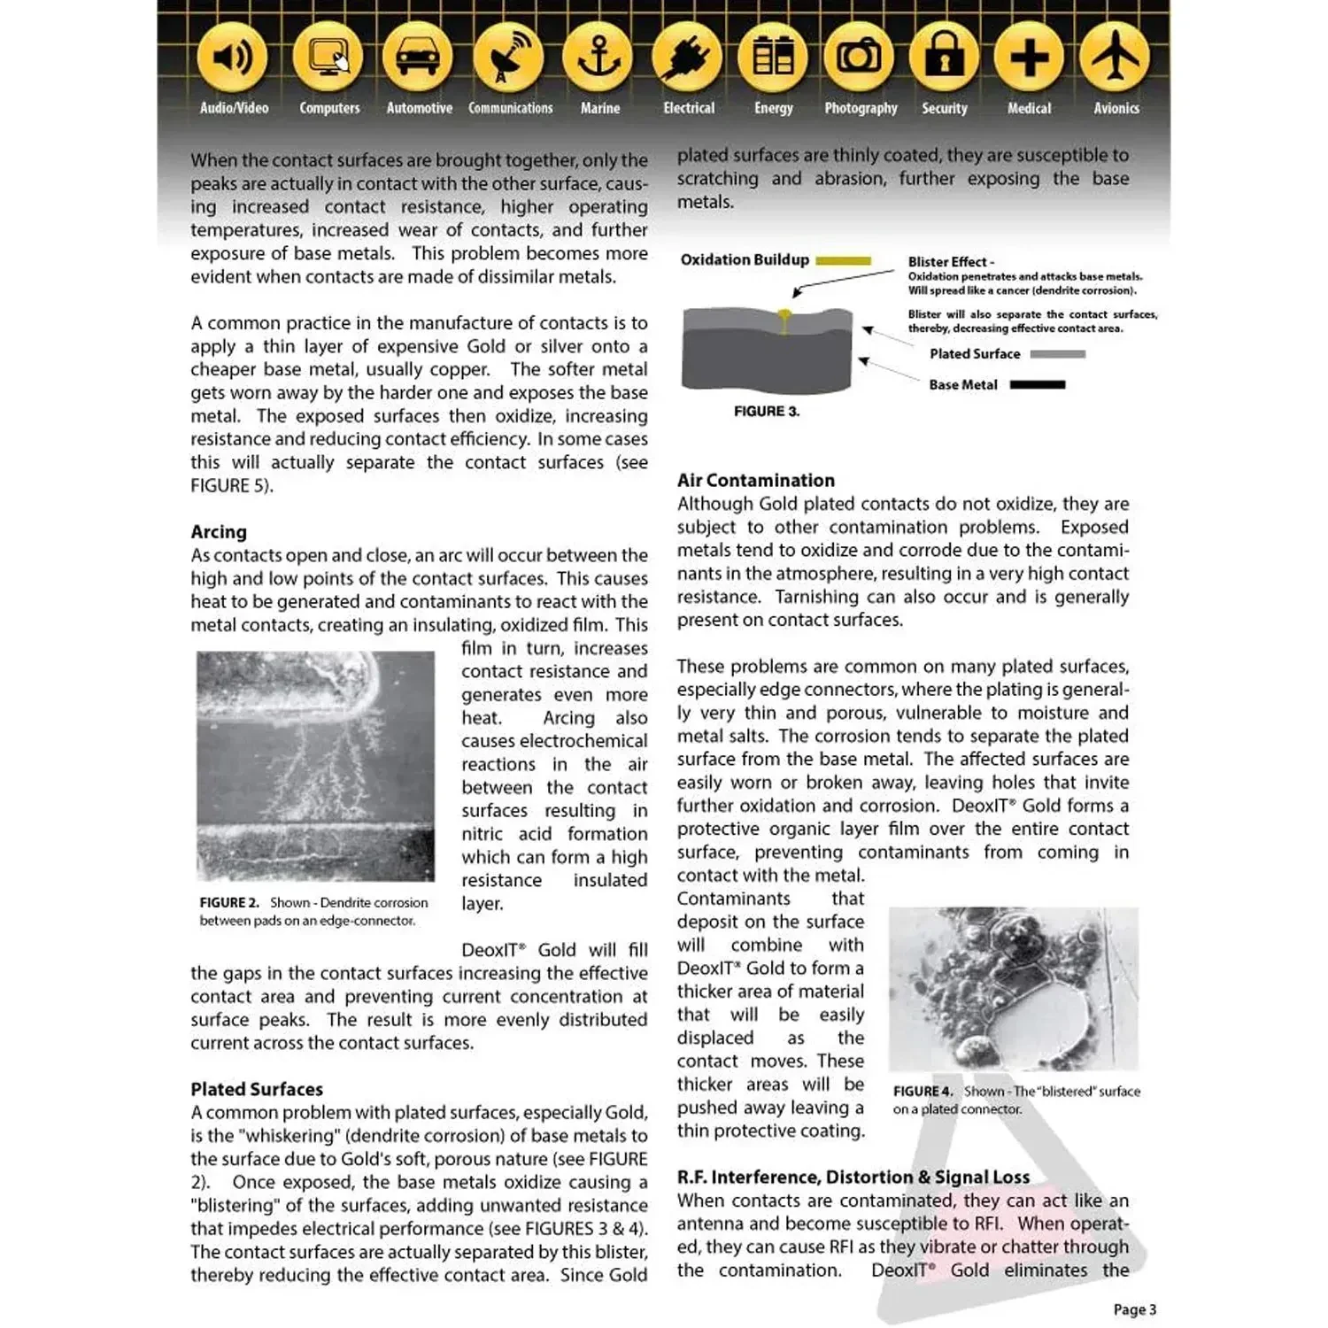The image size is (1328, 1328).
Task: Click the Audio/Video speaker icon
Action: [233, 58]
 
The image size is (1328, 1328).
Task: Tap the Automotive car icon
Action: [417, 58]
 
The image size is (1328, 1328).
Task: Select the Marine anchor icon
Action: [598, 58]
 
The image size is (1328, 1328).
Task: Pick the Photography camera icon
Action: [859, 58]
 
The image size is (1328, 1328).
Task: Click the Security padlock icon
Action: [944, 58]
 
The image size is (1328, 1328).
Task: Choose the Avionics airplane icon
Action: [1116, 58]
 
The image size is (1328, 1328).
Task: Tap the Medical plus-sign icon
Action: [1029, 58]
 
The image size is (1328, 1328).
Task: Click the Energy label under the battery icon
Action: [773, 108]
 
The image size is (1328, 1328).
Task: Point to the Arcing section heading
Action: [219, 532]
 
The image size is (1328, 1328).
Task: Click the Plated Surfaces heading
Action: [257, 1089]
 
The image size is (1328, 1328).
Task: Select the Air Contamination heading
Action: [755, 481]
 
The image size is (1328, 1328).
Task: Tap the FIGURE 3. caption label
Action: [766, 412]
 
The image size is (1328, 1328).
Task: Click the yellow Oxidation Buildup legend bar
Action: [843, 260]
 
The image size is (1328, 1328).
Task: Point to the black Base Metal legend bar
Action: [1037, 385]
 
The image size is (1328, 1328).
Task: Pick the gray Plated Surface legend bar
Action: [1057, 354]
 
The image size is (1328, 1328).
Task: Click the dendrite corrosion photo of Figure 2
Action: [315, 766]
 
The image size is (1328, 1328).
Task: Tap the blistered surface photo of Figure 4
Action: [1013, 988]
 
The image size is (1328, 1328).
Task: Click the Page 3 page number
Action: [1134, 1309]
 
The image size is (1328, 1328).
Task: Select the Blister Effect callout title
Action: [950, 262]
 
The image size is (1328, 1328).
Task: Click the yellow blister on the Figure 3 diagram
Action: [784, 314]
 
